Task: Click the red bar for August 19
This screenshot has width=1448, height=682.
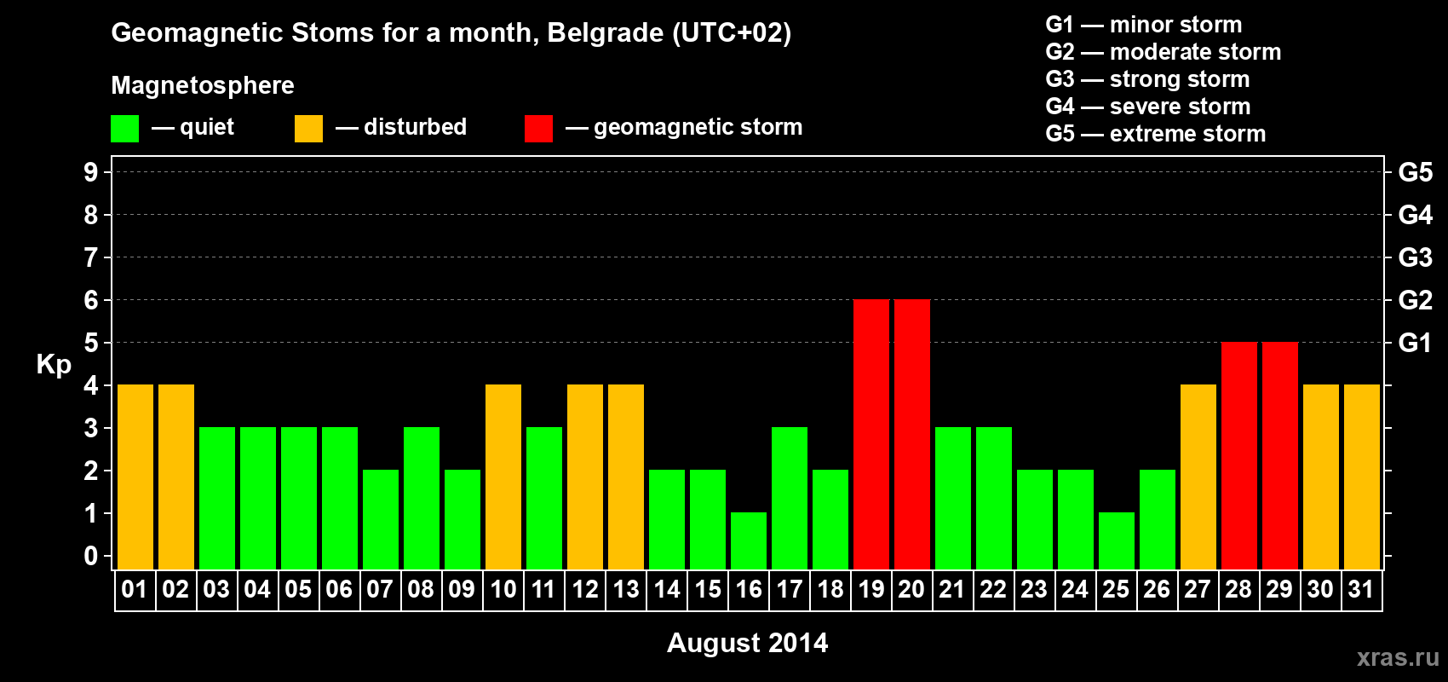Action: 871,434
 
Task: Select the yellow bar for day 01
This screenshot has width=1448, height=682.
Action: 135,477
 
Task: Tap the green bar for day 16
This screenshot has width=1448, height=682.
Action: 749,541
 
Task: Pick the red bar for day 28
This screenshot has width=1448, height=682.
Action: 1239,455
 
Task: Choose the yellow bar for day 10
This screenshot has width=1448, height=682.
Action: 503,477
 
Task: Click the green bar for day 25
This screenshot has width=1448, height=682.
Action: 1117,541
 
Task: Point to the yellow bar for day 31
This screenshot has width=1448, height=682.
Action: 1362,477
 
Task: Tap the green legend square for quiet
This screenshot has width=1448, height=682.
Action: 124,128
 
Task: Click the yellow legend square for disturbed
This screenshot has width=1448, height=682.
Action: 308,128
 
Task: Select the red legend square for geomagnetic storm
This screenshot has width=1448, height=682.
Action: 538,128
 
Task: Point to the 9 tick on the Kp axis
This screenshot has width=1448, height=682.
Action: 90,172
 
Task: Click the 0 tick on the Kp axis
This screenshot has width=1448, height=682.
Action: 90,556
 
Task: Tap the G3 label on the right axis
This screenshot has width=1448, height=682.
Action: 1415,257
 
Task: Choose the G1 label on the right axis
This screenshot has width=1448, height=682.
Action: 1415,343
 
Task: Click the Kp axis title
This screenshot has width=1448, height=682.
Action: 54,364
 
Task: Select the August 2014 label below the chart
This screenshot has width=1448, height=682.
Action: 747,643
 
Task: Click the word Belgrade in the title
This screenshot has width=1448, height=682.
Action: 605,32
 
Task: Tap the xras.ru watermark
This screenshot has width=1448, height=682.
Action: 1398,657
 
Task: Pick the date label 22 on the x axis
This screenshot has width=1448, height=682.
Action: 993,589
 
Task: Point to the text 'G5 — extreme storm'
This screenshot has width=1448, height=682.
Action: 1155,134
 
